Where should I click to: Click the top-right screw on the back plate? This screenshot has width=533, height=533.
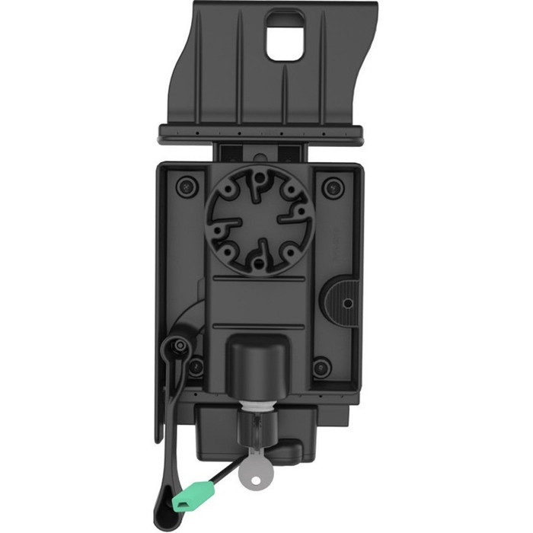331,186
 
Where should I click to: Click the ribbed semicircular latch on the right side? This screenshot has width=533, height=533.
340,301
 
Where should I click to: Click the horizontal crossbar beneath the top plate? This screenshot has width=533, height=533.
260,136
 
